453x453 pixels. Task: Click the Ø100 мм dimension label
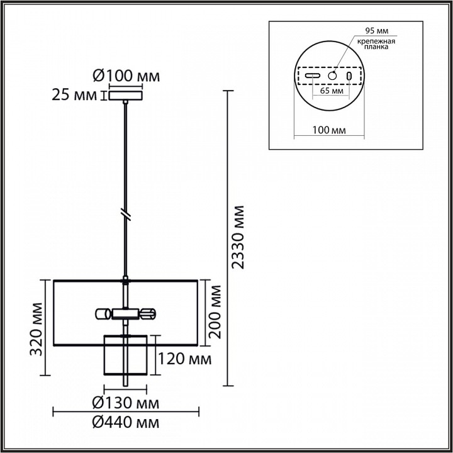pos(126,76)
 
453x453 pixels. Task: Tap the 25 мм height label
pos(74,95)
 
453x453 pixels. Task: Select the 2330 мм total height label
pos(238,237)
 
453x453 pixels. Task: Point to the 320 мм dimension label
pos(37,329)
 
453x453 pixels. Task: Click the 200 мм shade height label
pos(215,312)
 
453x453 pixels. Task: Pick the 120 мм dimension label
pos(184,359)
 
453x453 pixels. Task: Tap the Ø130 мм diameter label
pos(126,403)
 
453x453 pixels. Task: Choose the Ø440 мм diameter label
pos(126,423)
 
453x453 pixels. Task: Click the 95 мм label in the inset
pos(377,31)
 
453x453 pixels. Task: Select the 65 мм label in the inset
pos(332,91)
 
